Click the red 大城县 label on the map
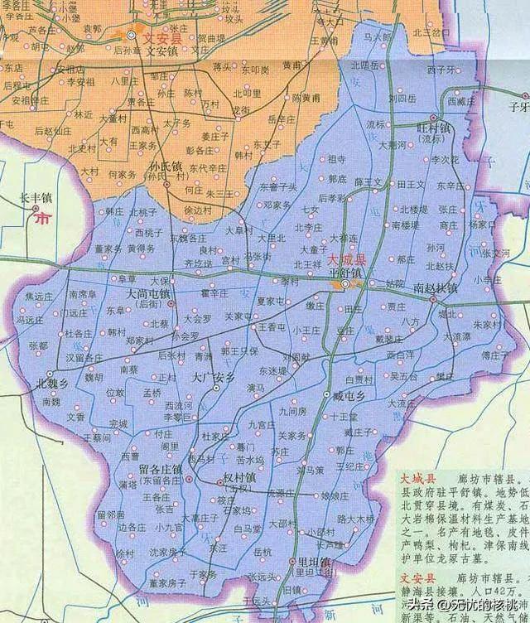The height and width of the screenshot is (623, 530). coord(329,261)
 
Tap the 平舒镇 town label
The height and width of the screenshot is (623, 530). coord(345,273)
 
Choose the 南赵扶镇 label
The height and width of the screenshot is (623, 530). coord(435,287)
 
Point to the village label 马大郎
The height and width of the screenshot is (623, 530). coord(373,37)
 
